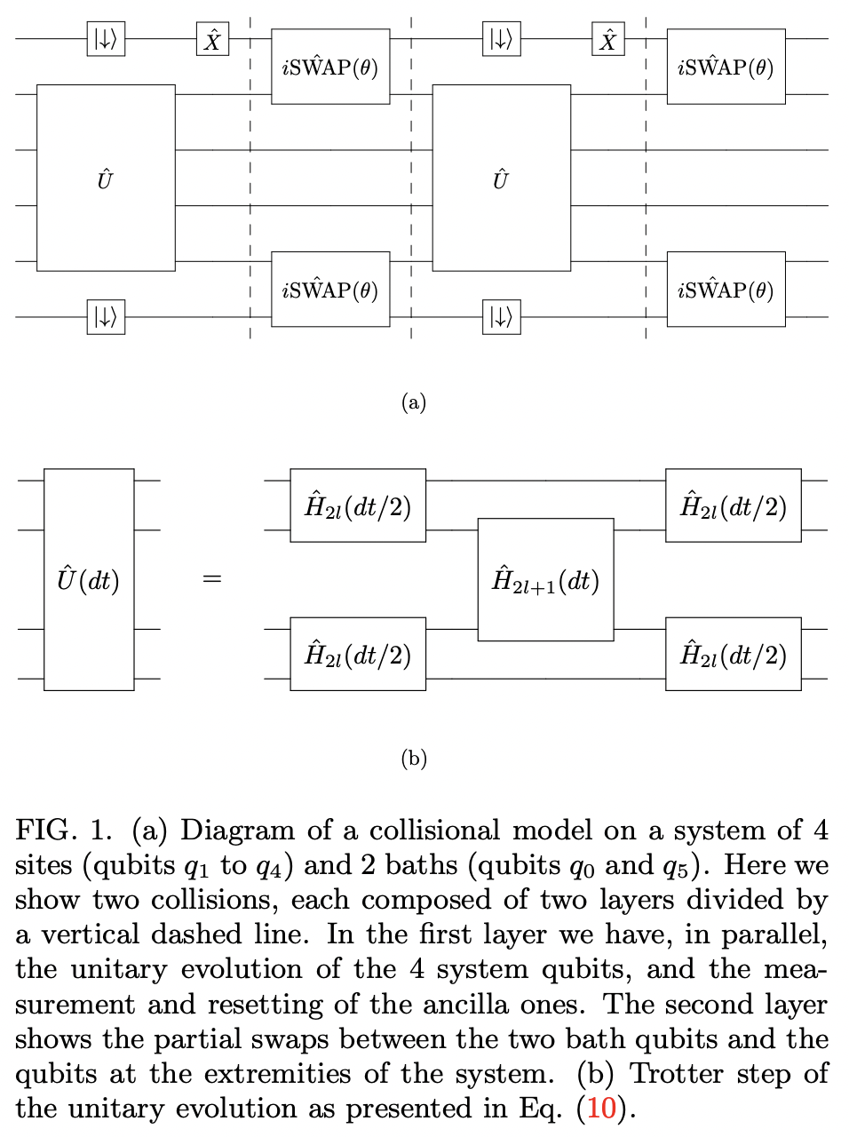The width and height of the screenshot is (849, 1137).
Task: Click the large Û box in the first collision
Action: click(x=106, y=178)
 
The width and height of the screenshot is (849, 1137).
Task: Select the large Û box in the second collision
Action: click(x=501, y=178)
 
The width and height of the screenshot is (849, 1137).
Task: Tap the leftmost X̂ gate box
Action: click(x=212, y=39)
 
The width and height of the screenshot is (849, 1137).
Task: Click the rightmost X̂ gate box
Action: click(x=608, y=39)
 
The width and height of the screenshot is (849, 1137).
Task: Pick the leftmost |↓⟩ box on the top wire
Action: click(x=106, y=39)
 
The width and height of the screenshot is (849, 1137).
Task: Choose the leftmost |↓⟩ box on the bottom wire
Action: click(x=106, y=317)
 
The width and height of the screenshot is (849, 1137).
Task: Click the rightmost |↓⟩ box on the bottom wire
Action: click(x=502, y=317)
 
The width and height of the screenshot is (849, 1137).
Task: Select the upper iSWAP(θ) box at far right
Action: click(x=726, y=67)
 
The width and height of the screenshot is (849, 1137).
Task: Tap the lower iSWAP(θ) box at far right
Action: click(x=726, y=290)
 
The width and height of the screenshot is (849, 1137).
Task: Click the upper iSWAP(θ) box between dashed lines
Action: click(x=330, y=67)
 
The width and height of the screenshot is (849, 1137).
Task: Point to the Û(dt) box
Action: click(x=89, y=579)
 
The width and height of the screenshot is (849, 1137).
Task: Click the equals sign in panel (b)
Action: click(x=211, y=579)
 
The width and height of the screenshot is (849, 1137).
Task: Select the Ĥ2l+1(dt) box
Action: click(x=545, y=579)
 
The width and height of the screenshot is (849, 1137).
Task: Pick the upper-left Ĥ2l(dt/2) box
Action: click(x=358, y=505)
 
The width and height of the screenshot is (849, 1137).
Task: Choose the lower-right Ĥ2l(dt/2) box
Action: click(x=733, y=654)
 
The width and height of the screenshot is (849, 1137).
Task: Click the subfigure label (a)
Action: click(x=414, y=402)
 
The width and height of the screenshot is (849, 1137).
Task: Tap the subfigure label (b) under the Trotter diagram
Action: click(x=414, y=759)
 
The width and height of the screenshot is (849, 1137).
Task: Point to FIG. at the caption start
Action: click(x=52, y=831)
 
